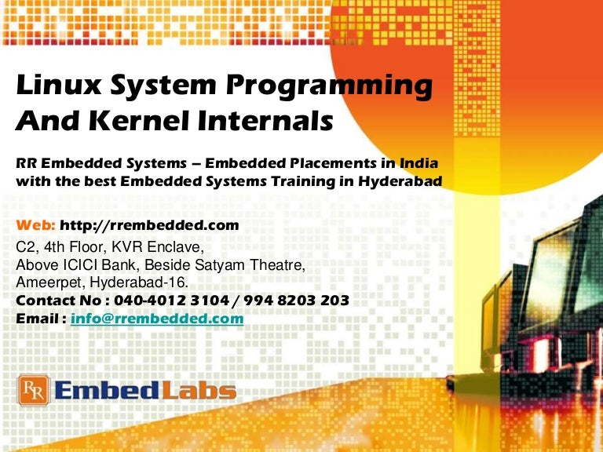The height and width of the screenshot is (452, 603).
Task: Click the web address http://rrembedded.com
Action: click(x=149, y=226)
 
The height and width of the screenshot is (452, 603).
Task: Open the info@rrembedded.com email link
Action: click(x=157, y=319)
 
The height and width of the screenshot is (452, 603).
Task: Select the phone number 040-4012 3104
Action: click(x=180, y=301)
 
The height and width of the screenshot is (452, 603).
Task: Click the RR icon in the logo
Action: click(x=34, y=391)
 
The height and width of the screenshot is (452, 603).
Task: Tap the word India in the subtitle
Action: click(x=418, y=164)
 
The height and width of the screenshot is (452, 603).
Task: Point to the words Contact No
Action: click(x=50, y=301)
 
